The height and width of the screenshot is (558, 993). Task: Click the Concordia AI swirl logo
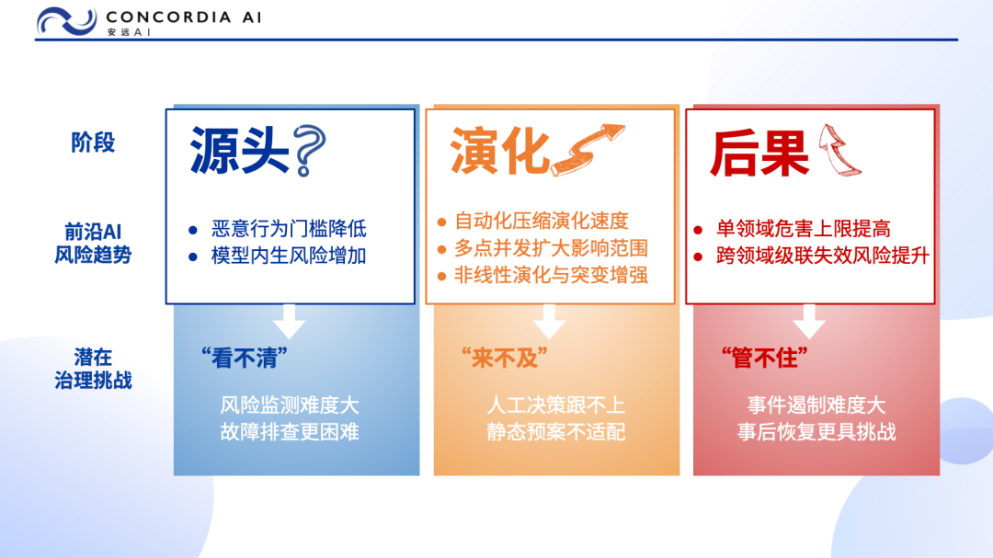click(66, 21)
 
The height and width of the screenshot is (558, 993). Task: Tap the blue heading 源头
click(239, 151)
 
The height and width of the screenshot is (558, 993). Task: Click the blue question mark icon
click(311, 151)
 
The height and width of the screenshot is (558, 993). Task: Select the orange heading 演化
click(499, 151)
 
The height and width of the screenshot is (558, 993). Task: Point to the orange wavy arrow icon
click(587, 150)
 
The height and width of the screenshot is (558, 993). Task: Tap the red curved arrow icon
click(839, 150)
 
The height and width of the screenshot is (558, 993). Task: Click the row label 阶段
click(93, 142)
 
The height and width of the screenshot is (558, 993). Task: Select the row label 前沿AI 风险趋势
click(93, 243)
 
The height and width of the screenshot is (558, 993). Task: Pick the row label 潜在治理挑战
click(93, 369)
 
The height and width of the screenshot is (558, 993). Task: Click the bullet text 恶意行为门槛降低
click(289, 229)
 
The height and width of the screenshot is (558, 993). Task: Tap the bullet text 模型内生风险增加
click(289, 256)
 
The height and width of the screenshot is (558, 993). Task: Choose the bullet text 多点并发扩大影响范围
click(551, 248)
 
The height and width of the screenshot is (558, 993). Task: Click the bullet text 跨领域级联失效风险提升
click(823, 256)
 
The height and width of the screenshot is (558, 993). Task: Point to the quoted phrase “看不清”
click(245, 359)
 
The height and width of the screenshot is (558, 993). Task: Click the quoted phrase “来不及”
click(505, 359)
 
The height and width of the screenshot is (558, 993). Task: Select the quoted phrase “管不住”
click(765, 359)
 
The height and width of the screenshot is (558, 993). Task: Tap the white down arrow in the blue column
click(290, 321)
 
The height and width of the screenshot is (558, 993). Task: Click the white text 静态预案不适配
click(556, 432)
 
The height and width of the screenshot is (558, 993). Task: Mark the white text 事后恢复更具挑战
click(816, 432)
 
